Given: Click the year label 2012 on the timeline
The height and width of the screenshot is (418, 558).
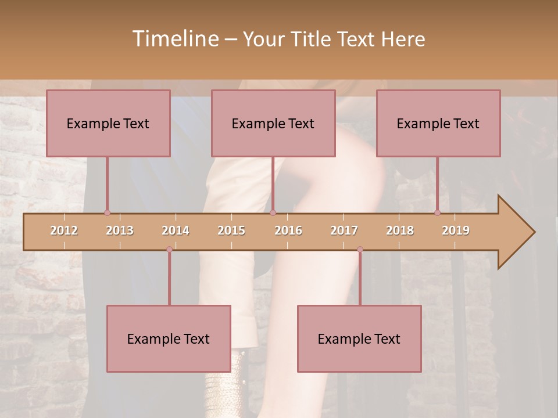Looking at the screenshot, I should [64, 230].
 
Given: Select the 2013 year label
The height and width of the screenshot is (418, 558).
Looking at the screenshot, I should [120, 230].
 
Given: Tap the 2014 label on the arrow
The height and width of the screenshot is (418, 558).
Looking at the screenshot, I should [176, 230].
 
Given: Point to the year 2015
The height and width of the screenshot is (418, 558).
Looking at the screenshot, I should [231, 230].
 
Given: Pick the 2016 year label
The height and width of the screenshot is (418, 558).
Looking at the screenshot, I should [288, 230].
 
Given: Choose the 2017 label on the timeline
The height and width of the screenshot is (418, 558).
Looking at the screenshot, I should [344, 230].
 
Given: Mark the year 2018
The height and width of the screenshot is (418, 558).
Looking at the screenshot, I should [400, 230].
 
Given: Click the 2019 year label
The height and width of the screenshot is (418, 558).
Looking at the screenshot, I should [456, 230].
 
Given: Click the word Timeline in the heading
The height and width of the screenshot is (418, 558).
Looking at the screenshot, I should [174, 39].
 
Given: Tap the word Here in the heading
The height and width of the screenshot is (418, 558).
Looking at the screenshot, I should [403, 39].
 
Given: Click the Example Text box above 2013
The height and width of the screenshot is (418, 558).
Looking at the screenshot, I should [108, 123].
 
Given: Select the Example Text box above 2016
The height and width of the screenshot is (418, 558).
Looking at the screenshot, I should [273, 123].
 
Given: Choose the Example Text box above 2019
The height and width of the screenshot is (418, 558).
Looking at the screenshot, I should [438, 123].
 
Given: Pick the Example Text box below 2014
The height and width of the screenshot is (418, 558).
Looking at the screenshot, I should [169, 338].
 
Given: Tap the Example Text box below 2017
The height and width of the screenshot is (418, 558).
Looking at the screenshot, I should [359, 338].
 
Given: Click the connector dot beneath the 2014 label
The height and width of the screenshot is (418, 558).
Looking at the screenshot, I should [169, 249].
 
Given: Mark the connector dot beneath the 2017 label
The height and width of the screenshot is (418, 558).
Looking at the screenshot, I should [360, 249].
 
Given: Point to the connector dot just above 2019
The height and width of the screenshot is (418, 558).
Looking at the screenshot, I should [438, 212].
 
